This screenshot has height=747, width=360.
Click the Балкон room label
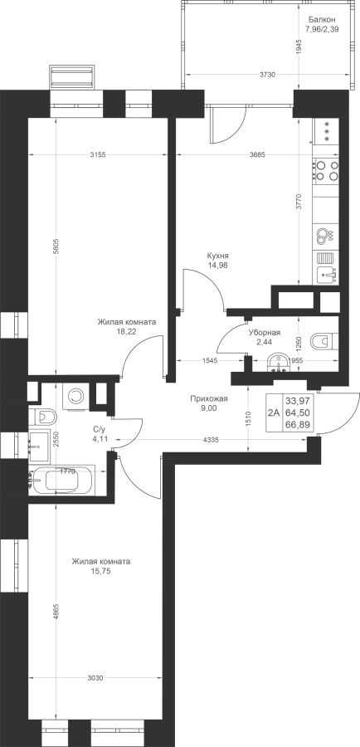322,20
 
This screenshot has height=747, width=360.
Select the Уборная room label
264,333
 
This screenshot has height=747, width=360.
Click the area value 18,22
127,331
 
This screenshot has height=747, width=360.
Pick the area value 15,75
100,570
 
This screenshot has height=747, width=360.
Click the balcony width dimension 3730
267,75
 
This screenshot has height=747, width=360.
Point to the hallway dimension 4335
210,440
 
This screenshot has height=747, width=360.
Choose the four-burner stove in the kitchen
326,170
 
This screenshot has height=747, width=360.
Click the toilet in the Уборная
324,341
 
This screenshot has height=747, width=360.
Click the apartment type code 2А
274,413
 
